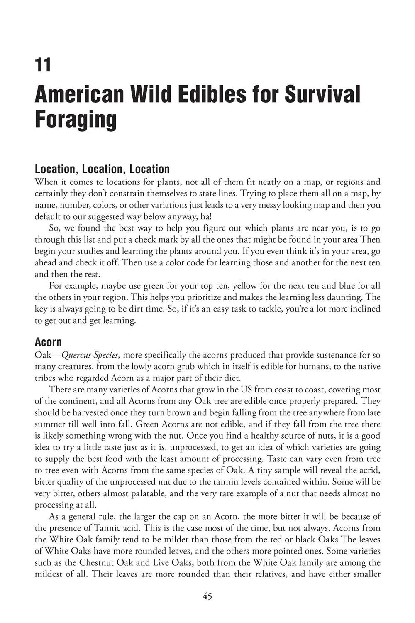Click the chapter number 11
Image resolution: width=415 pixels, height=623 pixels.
click(x=43, y=65)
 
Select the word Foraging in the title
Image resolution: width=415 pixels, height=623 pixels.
click(x=76, y=119)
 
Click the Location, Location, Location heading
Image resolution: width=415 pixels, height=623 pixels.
click(x=102, y=169)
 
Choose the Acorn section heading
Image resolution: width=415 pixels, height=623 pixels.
click(x=48, y=342)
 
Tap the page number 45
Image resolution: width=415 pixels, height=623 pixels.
click(x=207, y=596)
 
